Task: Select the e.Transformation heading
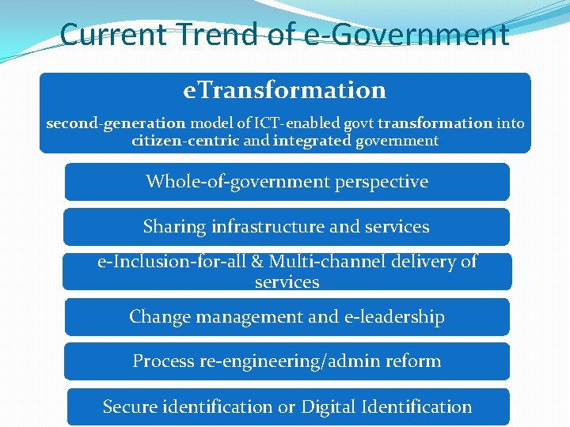[284, 90]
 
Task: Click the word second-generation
[116, 123]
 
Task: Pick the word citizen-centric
[186, 141]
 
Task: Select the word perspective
[382, 182]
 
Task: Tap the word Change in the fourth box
[155, 317]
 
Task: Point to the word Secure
[131, 407]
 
